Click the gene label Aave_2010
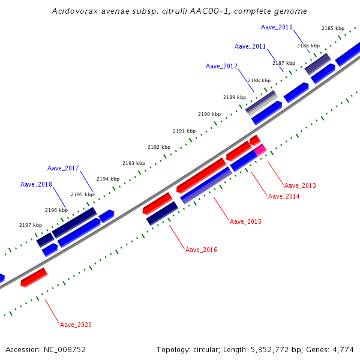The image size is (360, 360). point(277,28)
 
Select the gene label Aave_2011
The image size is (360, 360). point(250,47)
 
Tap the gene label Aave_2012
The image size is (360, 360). point(221,67)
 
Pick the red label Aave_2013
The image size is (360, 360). point(300,186)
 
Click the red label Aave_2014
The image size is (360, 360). point(284,197)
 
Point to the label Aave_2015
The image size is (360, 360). point(245,222)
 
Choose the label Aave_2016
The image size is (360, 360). point(201,250)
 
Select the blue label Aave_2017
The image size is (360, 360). point(63,168)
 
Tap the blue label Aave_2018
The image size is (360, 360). point(36,184)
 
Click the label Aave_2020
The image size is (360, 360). point(76,325)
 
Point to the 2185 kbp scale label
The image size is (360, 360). point(333,29)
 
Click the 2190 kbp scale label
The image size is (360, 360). point(209,114)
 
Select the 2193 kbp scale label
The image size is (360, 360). point(134,163)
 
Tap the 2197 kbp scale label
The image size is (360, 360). point(31,225)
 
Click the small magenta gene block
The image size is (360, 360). point(260,150)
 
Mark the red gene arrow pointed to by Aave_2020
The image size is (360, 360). point(34,278)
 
